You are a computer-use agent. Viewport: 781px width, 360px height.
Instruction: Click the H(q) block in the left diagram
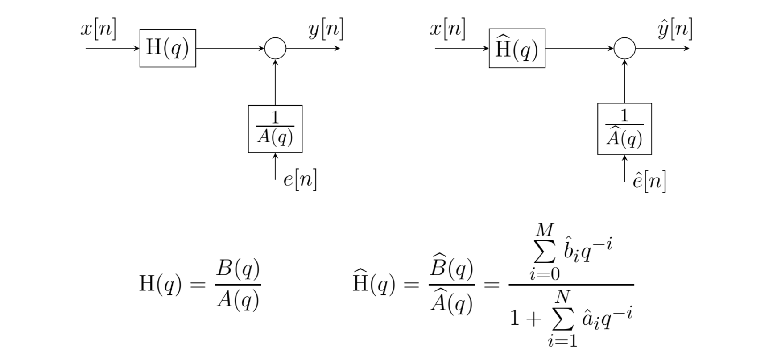167,48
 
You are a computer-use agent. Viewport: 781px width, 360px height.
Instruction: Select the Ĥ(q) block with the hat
517,48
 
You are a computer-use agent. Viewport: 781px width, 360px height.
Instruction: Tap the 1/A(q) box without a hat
275,128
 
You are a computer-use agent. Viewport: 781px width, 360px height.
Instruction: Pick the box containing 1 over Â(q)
624,128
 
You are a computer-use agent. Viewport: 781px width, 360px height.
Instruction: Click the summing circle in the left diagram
275,48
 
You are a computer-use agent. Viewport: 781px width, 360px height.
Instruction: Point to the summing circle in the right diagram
624,48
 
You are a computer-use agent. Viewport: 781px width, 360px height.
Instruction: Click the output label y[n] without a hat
326,30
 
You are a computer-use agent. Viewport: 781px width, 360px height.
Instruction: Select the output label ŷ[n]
675,29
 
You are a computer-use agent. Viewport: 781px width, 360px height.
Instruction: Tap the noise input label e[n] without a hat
300,180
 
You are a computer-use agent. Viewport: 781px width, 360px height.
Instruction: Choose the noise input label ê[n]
649,181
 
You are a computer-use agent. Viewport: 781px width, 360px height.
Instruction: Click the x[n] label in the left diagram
98,29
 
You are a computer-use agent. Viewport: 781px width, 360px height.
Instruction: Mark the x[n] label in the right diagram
447,29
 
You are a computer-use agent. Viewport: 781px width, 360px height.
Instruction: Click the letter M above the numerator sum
544,230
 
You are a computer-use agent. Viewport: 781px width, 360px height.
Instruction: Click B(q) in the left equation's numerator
238,269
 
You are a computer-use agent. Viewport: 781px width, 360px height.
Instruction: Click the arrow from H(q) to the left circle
230,48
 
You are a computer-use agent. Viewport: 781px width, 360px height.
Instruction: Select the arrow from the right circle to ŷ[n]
662,48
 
